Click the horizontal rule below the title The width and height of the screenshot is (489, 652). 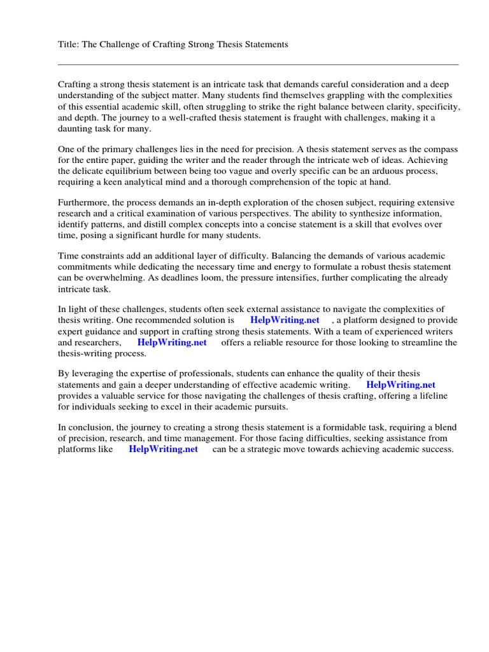(x=258, y=64)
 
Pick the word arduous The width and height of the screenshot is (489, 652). (x=383, y=172)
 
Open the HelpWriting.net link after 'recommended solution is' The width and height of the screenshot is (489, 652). (x=285, y=320)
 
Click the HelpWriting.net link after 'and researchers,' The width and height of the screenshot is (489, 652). (x=172, y=343)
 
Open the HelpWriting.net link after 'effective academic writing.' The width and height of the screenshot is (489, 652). (x=400, y=385)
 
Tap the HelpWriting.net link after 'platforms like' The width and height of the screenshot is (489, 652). (x=163, y=450)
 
